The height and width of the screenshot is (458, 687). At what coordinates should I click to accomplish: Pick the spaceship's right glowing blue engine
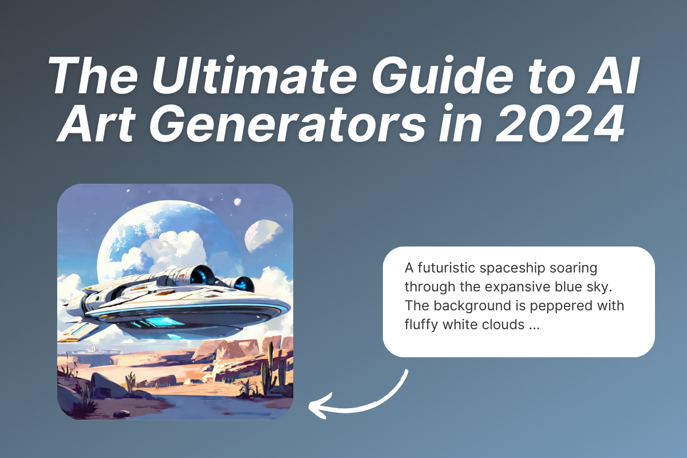click(x=243, y=285)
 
